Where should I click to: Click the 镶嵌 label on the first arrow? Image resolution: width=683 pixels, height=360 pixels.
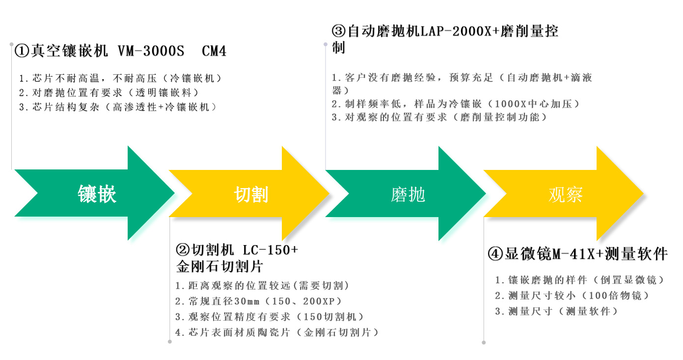tap(97, 194)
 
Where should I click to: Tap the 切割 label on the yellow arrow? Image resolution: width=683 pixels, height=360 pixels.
tap(251, 194)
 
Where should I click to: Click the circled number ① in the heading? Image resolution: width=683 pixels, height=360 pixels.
tap(23, 51)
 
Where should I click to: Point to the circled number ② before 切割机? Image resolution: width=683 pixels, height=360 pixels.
tap(183, 249)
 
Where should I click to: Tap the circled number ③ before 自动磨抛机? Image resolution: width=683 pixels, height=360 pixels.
tap(339, 32)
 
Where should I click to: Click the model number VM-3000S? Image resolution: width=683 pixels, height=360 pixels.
tap(151, 51)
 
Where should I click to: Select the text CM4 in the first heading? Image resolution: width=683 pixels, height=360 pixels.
tap(214, 51)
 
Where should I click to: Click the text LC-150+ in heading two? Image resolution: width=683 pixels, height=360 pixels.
tap(271, 249)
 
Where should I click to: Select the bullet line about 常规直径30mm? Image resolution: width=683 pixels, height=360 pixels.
tap(258, 301)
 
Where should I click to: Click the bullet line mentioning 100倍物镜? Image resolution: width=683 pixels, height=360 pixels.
tap(572, 296)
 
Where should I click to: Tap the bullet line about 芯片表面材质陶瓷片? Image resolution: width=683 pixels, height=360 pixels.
tap(277, 332)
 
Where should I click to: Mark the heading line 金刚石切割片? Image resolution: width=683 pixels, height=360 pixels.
tap(219, 267)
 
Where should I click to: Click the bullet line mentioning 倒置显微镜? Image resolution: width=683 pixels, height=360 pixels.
tap(580, 280)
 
